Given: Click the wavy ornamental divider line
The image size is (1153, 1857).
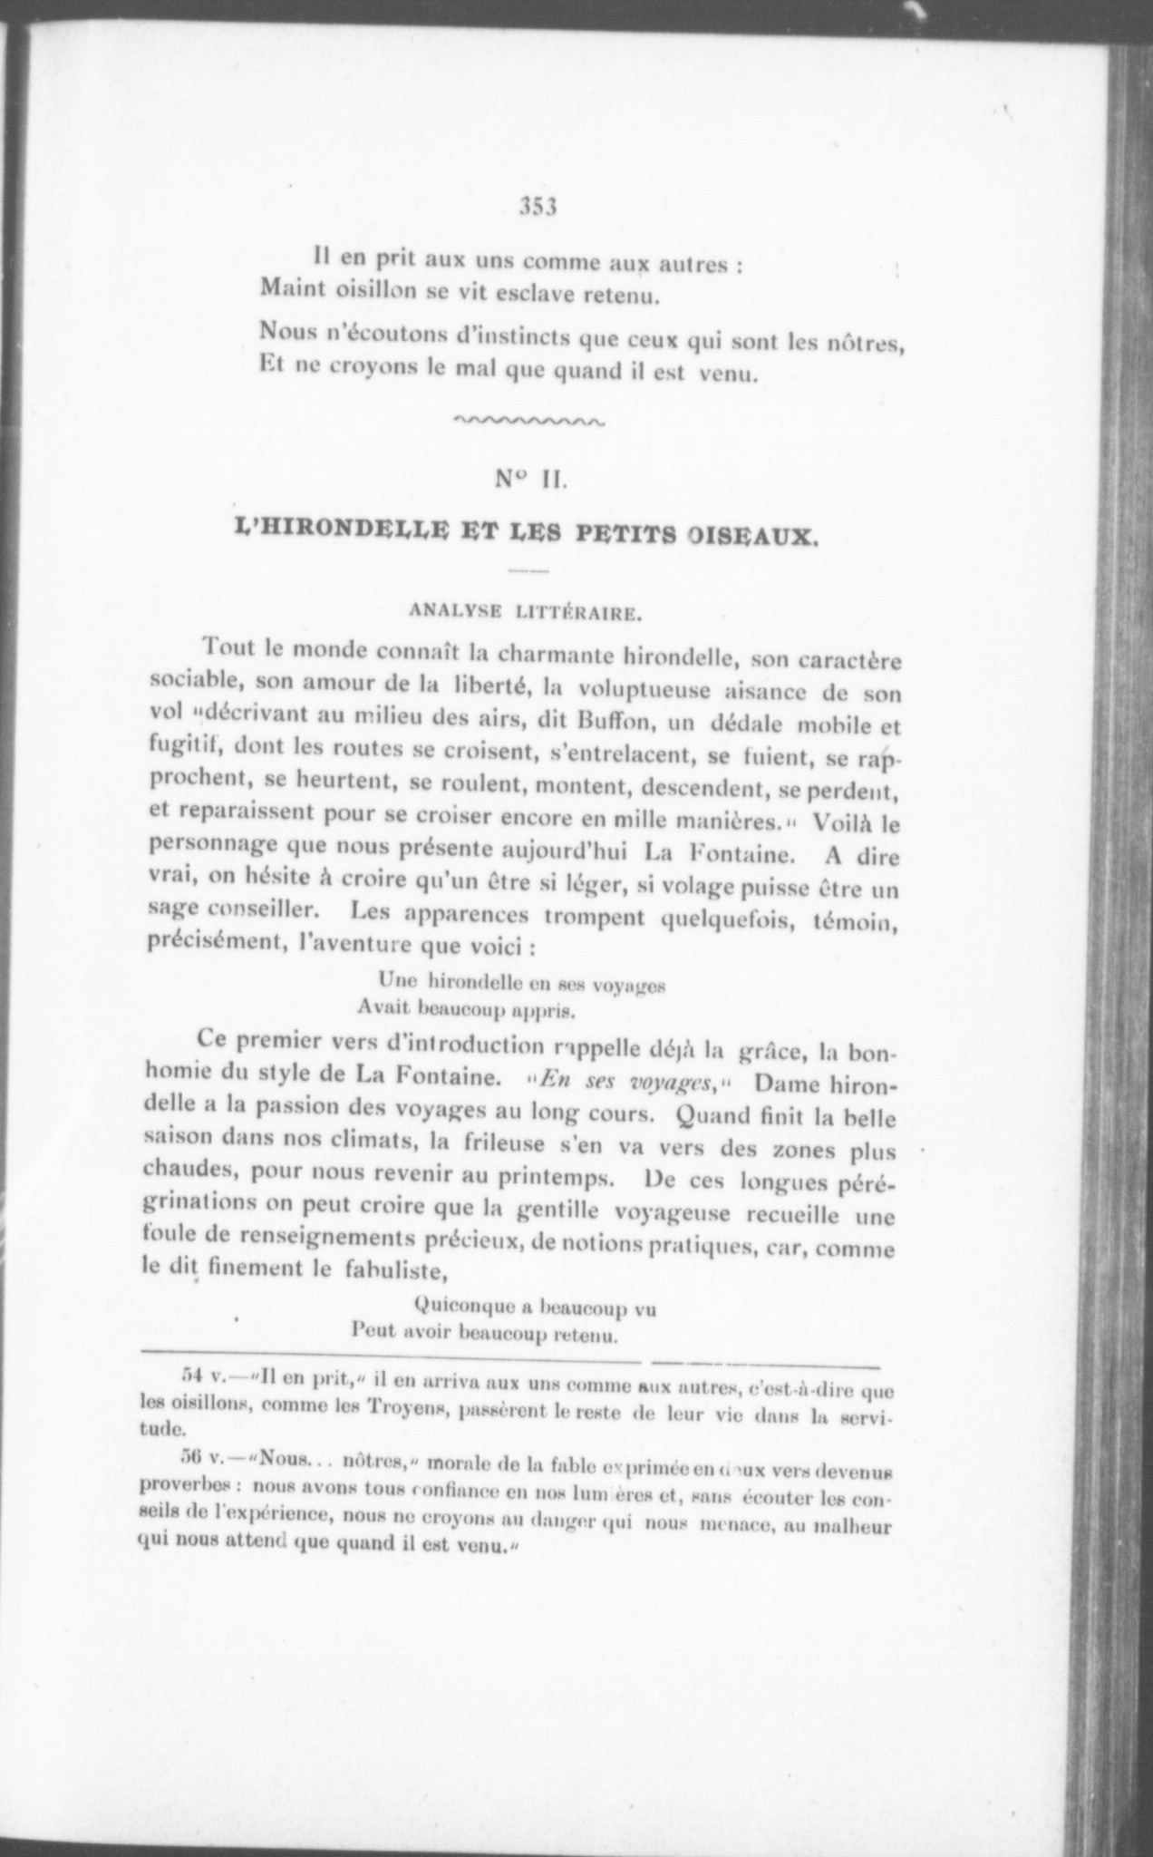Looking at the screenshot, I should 528,420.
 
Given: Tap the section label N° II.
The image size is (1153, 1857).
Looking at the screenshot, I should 531,481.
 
